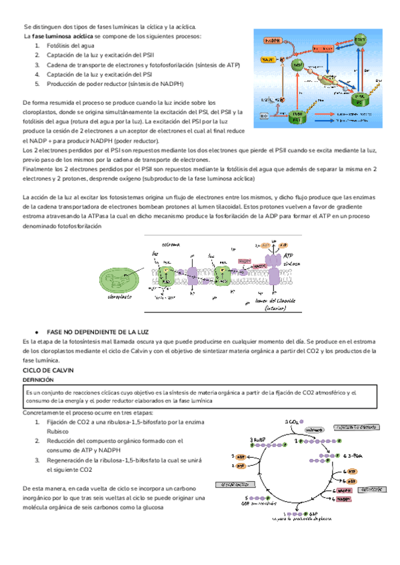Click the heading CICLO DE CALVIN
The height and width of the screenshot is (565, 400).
coord(47,368)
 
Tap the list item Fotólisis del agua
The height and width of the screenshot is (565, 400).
coord(70,46)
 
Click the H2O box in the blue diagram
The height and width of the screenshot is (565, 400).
coord(264,116)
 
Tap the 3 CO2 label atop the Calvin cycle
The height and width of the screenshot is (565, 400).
coord(291,422)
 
